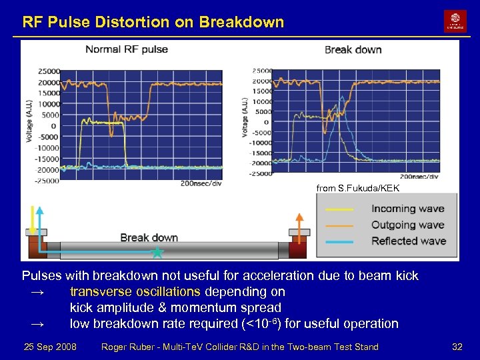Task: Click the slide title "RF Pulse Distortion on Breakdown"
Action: (153, 22)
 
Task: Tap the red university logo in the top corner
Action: (455, 21)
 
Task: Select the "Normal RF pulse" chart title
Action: (127, 49)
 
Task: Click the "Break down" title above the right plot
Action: (353, 50)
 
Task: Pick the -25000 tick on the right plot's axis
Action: (261, 173)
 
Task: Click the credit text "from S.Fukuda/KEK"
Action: (357, 189)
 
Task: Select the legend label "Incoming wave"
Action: (407, 209)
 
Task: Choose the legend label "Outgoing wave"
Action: (407, 225)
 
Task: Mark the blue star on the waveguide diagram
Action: (157, 253)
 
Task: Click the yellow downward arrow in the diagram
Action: (31, 217)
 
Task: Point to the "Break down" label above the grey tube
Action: (149, 237)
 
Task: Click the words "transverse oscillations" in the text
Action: (135, 291)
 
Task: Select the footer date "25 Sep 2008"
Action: (50, 347)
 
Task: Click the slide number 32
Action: (457, 347)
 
